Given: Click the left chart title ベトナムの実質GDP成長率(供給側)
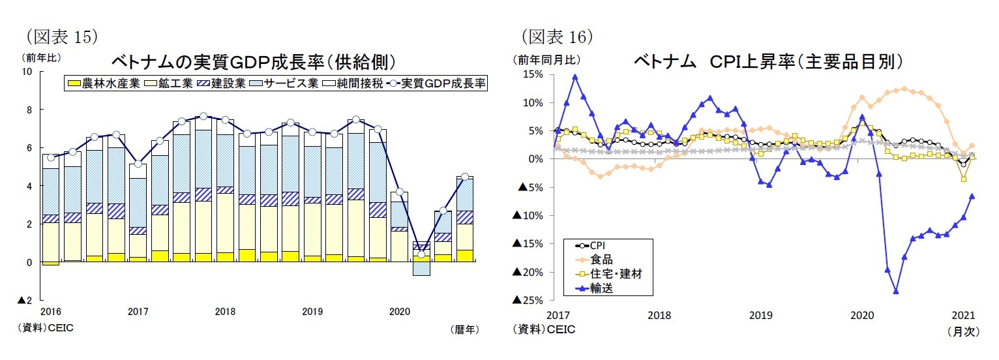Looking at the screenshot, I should [x=254, y=63].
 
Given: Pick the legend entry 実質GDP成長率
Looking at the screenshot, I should [x=437, y=83].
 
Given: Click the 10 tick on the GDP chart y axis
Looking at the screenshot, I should [x=28, y=71].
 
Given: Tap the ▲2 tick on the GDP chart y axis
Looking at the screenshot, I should [x=26, y=301].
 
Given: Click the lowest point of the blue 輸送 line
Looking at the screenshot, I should [x=896, y=292].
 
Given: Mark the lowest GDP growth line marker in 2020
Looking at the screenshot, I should [x=422, y=254].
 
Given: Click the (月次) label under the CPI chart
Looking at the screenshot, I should [x=962, y=331].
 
